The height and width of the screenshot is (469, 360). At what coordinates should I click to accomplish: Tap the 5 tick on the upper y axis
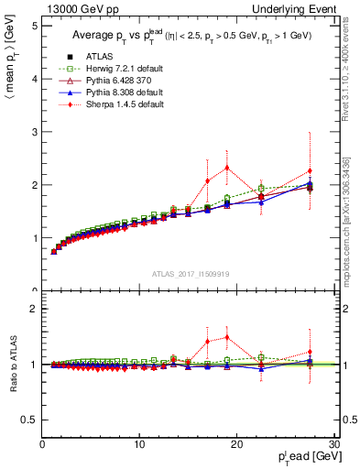34,26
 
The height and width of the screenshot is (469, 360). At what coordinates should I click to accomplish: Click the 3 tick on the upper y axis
34,132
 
